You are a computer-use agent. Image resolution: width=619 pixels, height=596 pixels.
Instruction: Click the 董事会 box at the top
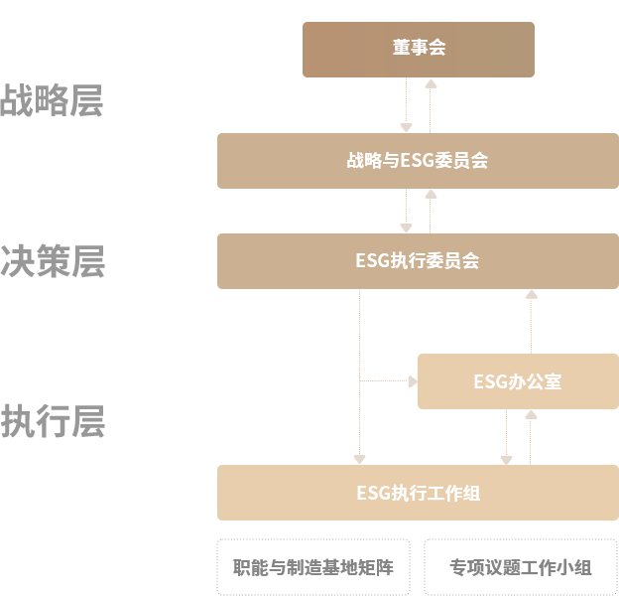click(418, 48)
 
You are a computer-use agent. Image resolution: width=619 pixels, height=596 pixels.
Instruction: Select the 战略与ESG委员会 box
click(417, 160)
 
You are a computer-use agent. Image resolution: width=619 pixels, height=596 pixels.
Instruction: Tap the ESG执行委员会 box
click(417, 261)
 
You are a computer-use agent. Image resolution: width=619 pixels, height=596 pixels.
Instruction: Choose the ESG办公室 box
click(517, 381)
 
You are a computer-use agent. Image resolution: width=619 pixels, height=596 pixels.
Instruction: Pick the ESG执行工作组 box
click(417, 492)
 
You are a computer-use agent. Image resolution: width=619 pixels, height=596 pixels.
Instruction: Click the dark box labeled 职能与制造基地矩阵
click(312, 567)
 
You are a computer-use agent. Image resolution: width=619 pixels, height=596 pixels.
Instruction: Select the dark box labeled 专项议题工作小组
click(521, 567)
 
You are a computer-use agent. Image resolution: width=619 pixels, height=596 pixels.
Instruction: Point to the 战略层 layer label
click(52, 101)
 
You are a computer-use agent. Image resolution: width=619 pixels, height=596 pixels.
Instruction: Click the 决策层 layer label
click(52, 261)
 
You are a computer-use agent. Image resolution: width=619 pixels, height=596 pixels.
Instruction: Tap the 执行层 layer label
click(52, 422)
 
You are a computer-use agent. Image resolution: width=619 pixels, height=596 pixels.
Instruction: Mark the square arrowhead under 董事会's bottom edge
click(431, 83)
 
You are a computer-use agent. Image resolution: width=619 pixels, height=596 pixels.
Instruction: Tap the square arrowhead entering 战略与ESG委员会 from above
click(406, 126)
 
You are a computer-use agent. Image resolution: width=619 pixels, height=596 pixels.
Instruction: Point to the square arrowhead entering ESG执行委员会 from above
click(406, 226)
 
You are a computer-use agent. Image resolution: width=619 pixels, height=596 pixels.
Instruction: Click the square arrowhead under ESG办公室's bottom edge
click(531, 415)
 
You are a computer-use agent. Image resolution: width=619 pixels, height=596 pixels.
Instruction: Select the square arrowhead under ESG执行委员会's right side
click(532, 295)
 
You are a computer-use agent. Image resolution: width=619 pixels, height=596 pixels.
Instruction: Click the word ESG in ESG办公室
click(489, 381)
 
